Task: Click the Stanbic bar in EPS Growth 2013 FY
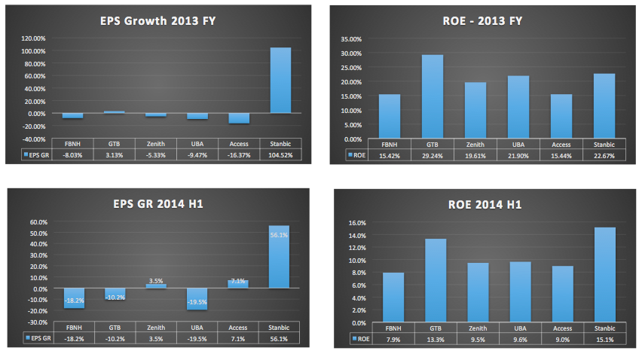(x=280, y=80)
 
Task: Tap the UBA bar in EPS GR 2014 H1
(x=197, y=299)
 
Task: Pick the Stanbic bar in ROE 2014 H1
(x=604, y=274)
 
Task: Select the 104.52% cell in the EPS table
(x=280, y=154)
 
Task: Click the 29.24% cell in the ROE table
(x=432, y=154)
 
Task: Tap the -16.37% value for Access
(x=239, y=154)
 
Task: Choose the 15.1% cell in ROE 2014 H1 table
(x=604, y=338)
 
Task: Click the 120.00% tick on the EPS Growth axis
(x=34, y=38)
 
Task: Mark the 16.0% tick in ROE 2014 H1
(x=356, y=223)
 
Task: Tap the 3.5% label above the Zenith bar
(x=156, y=280)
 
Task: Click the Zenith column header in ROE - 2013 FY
(x=475, y=143)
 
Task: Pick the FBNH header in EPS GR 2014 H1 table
(x=74, y=327)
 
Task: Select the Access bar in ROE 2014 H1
(x=561, y=293)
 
